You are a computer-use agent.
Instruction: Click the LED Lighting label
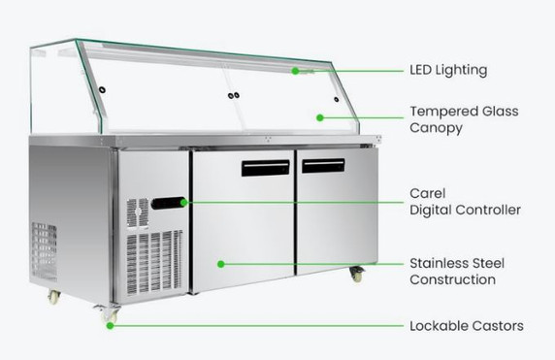click(448, 70)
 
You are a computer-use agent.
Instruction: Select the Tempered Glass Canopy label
click(464, 119)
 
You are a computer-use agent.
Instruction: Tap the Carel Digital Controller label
click(465, 201)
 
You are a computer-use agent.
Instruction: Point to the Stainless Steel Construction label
click(457, 272)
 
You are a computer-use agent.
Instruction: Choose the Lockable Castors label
click(466, 326)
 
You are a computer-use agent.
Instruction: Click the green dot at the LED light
click(296, 70)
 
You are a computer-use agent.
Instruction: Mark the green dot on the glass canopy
click(320, 118)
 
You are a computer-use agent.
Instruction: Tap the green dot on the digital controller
click(181, 202)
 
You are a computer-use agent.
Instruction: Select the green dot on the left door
click(221, 263)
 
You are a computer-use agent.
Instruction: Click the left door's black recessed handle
click(265, 168)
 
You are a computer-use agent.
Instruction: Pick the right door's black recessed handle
click(323, 165)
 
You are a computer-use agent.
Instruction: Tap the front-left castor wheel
click(106, 312)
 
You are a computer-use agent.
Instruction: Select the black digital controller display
click(167, 203)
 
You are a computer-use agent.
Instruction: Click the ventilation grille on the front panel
click(154, 260)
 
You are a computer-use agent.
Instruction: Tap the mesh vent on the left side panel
click(43, 252)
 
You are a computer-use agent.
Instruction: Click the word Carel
click(428, 193)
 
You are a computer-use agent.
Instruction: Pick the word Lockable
click(438, 326)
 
